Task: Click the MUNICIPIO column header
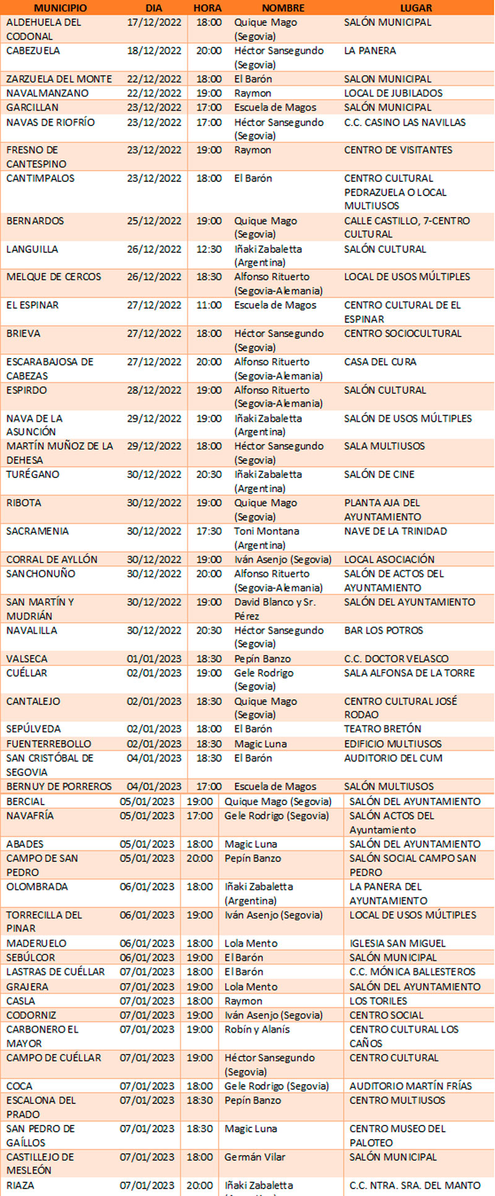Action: coord(60,8)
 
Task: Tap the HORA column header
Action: coord(207,8)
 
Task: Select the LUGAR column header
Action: coord(416,8)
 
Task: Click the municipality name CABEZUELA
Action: coord(33,51)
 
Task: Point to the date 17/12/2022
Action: coord(154,22)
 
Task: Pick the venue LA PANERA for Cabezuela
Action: coord(370,51)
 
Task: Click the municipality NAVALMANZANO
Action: coord(48,93)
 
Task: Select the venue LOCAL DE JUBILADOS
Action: coord(394,93)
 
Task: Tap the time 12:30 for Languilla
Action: coord(209,249)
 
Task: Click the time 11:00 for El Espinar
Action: coord(209,305)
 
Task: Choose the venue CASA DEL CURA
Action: coord(381,362)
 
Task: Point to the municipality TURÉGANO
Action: coord(33,474)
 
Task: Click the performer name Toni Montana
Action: coord(267,531)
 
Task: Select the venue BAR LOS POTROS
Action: coord(384,631)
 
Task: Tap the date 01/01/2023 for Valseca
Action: coord(154,659)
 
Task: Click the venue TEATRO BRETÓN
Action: coord(382,729)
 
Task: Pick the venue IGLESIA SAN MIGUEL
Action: coord(397,944)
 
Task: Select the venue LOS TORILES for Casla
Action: coord(378,1001)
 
